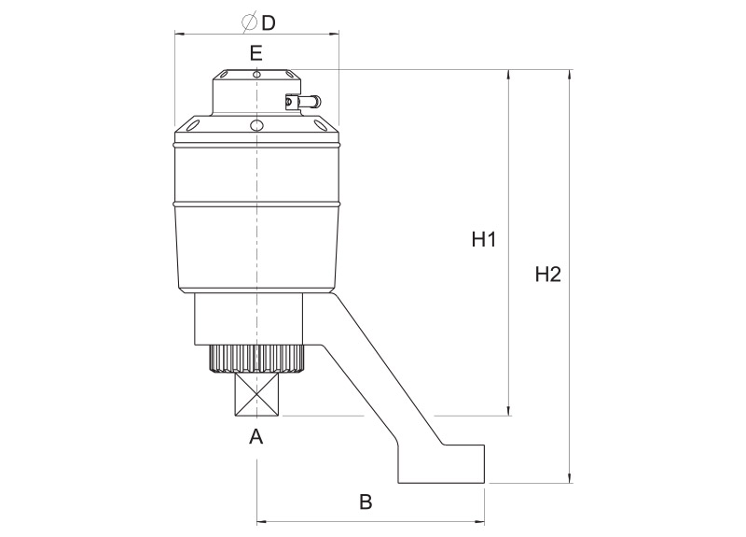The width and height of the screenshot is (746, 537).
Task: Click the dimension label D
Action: tap(269, 21)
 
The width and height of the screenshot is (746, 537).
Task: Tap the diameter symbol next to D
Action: tap(249, 21)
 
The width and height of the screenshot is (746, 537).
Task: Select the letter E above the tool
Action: tap(256, 53)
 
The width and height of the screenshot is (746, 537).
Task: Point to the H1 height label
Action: tap(484, 239)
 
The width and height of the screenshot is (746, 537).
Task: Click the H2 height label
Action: tap(548, 275)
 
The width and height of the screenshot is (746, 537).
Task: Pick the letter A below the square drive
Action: tap(256, 436)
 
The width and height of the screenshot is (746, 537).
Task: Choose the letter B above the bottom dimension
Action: tap(366, 502)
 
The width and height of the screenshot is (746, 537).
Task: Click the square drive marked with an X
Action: tap(257, 395)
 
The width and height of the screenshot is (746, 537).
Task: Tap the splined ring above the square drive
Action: tap(256, 359)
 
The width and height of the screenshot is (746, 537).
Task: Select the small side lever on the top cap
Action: tap(302, 101)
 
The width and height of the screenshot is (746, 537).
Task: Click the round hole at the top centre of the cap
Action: tap(256, 75)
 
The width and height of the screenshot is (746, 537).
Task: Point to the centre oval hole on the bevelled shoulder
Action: tap(256, 125)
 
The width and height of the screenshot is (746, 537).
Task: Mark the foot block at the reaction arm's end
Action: tap(441, 464)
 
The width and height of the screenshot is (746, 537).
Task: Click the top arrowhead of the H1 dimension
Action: tap(509, 75)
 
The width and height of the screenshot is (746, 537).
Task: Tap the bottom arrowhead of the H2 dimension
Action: tap(570, 478)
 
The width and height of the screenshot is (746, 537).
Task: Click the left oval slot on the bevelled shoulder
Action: tap(193, 126)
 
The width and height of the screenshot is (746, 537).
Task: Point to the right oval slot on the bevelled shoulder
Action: tap(320, 126)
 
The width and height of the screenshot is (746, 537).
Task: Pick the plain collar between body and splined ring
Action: tap(249, 318)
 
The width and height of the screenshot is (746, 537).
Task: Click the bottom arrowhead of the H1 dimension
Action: tap(509, 411)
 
